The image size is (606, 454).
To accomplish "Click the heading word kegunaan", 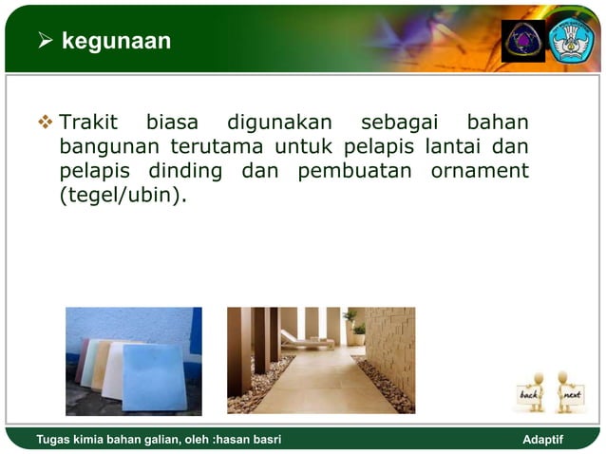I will [x=116, y=41].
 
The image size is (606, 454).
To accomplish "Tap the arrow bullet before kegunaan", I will [x=45, y=41].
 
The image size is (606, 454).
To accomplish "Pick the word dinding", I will [x=185, y=173].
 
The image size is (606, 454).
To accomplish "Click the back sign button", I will [x=530, y=393].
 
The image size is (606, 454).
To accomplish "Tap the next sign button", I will [x=571, y=393].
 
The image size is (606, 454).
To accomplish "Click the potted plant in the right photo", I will [x=355, y=329].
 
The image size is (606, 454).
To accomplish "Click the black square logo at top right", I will [x=523, y=41].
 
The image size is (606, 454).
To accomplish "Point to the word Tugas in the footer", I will [x=55, y=440].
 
